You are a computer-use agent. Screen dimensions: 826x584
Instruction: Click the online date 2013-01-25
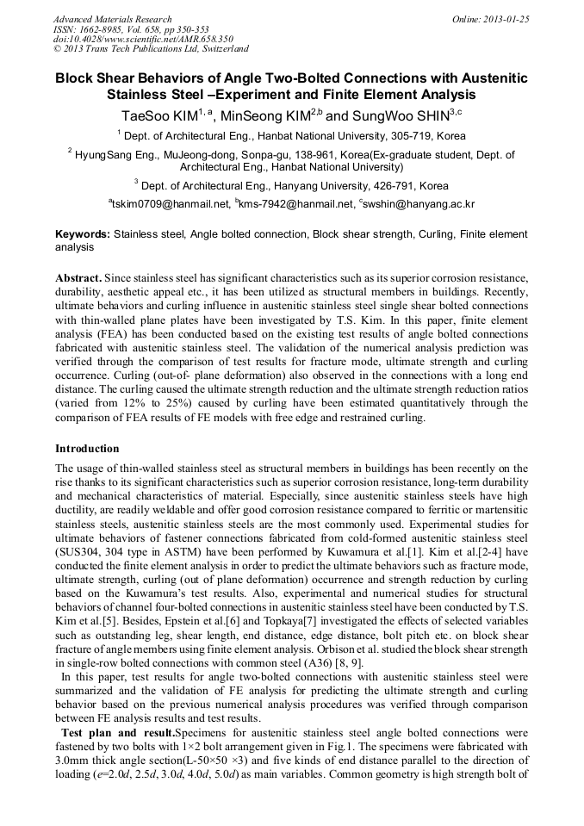point(508,19)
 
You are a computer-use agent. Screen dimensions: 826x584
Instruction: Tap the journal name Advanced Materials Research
point(112,19)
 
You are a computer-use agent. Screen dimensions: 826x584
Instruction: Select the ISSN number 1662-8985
point(103,29)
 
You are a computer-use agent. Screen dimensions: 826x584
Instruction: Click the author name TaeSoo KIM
point(159,114)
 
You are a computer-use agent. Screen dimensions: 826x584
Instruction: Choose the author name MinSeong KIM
point(264,114)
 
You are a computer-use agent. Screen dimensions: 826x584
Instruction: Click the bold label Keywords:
point(83,234)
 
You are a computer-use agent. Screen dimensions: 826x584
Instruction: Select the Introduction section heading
point(87,449)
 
